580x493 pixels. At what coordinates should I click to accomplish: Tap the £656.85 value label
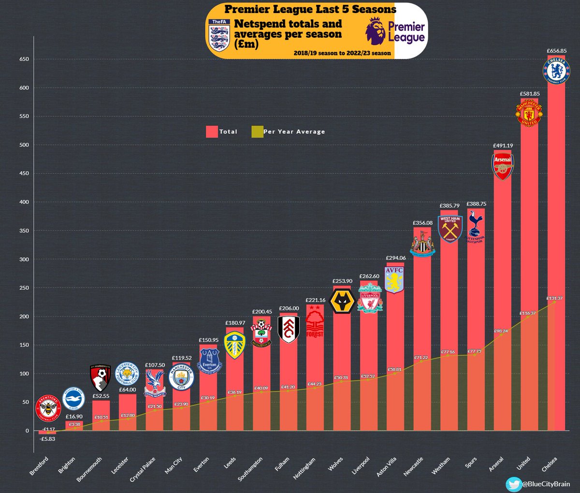click(x=556, y=51)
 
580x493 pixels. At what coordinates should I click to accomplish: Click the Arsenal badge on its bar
click(x=503, y=166)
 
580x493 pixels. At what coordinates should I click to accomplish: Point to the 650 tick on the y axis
click(x=24, y=59)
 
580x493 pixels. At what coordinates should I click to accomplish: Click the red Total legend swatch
click(x=212, y=131)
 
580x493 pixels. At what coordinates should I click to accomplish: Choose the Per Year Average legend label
click(x=294, y=131)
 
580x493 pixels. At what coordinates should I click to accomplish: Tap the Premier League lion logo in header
click(x=375, y=31)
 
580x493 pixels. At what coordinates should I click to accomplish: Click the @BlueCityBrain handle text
click(x=546, y=484)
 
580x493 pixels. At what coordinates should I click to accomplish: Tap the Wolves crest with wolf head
click(x=342, y=301)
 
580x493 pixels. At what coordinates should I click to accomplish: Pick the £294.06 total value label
click(x=395, y=258)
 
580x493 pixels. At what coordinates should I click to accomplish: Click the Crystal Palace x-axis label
click(x=143, y=469)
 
